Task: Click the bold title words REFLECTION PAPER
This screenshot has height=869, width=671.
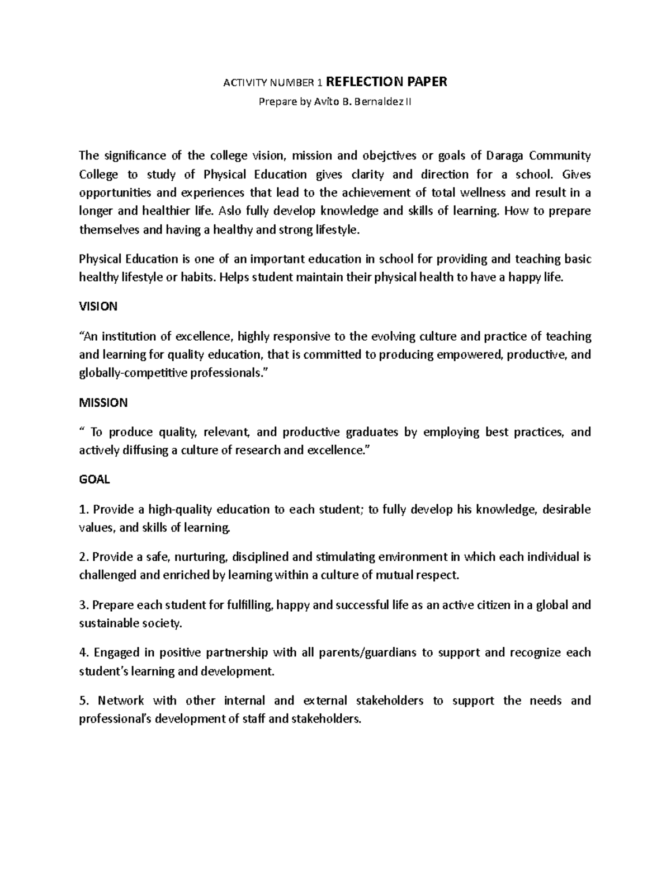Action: coord(386,82)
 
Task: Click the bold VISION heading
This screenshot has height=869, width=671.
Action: coord(98,307)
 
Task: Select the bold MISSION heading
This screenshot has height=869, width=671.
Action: coord(103,402)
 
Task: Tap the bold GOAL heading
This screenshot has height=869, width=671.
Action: coord(94,480)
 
